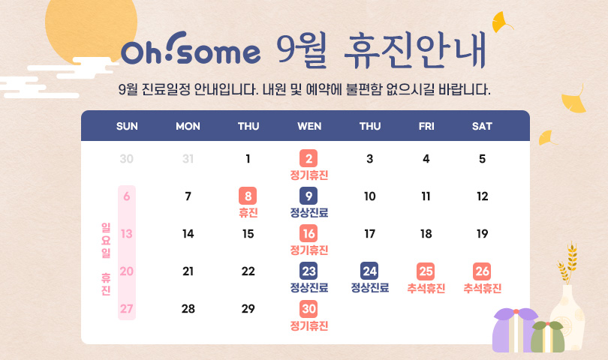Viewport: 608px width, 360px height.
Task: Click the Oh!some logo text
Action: pos(191,49)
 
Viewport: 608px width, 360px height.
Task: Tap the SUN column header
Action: pos(127,126)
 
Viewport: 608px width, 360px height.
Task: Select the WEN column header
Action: pos(309,126)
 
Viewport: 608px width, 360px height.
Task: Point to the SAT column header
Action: pos(482,126)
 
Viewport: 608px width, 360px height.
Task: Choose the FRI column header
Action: pos(426,126)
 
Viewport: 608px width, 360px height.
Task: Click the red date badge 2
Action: pos(309,158)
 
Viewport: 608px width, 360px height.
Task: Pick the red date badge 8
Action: pos(248,196)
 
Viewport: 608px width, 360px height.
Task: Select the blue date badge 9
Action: pos(309,196)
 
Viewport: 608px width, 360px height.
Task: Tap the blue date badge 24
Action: pos(369,271)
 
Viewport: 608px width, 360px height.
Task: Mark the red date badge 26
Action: pos(482,271)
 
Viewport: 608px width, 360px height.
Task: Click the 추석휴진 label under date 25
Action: pos(426,288)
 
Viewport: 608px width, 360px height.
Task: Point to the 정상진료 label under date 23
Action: pos(309,288)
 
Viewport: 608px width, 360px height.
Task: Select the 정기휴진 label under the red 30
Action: pos(309,326)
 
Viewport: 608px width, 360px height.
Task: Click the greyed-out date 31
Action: pos(188,159)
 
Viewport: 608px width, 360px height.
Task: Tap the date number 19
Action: pos(483,234)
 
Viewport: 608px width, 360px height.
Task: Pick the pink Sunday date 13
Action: pos(127,234)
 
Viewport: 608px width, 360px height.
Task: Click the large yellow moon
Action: pos(91,27)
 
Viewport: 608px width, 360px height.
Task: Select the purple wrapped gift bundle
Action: pos(515,330)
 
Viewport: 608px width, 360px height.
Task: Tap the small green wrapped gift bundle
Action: pos(547,337)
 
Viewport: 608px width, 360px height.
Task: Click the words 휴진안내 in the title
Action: pos(415,50)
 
